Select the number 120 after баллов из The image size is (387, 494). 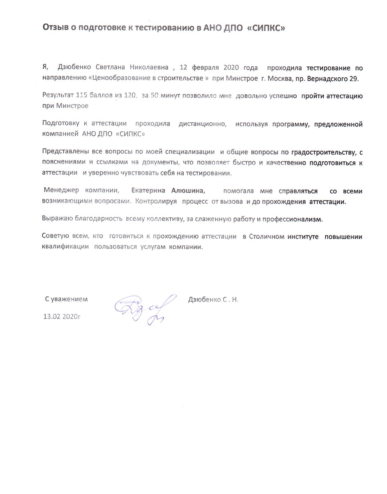click(x=130, y=96)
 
